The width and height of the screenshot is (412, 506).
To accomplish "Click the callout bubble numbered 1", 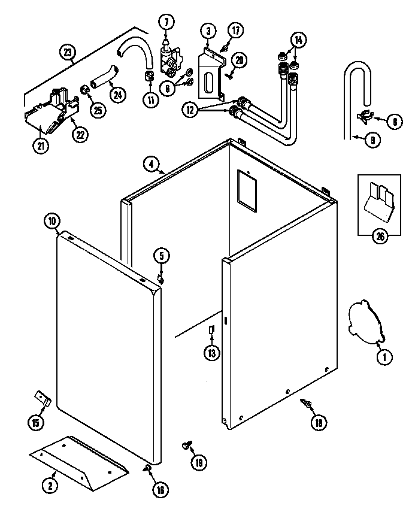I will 383,357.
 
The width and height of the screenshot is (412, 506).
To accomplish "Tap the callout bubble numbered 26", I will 379,235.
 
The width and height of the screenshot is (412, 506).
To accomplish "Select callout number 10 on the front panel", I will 52,221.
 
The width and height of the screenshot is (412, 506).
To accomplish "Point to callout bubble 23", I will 69,53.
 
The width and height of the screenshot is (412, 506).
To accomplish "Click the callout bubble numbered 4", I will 152,163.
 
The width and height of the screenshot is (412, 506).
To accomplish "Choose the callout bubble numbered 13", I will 211,353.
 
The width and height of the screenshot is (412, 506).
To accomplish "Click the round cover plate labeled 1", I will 363,322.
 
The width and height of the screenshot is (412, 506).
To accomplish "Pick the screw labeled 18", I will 308,406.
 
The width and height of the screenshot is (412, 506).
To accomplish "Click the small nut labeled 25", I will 85,89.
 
